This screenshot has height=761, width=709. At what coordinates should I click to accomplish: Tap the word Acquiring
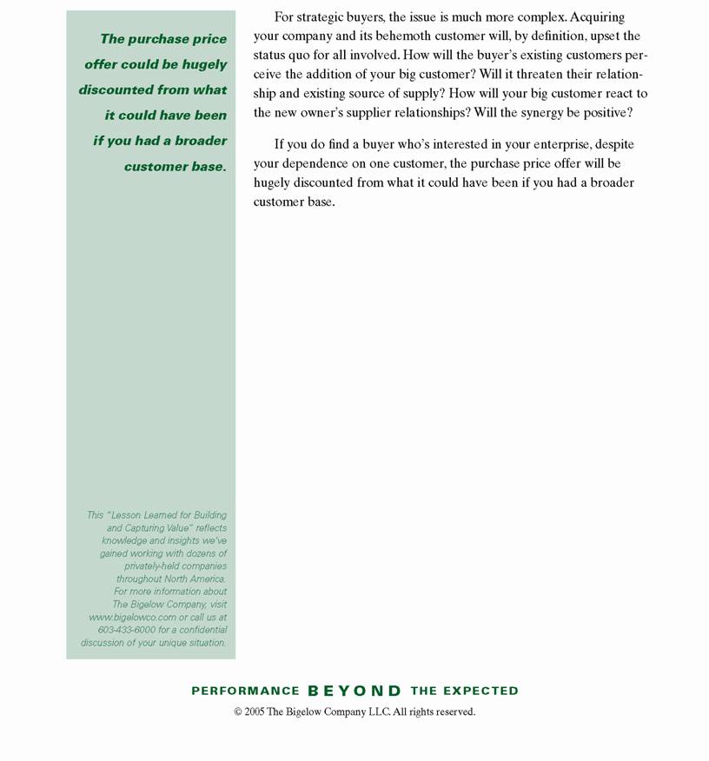597,17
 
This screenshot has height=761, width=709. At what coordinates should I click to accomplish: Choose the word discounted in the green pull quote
121,89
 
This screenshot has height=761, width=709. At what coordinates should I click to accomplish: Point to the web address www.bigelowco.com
132,617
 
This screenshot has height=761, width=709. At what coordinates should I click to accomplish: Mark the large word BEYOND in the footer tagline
354,691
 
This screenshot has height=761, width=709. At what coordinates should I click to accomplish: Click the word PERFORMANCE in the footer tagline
245,691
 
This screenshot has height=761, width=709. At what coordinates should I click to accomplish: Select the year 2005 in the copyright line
255,711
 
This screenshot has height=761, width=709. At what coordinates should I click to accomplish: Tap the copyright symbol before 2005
237,711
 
